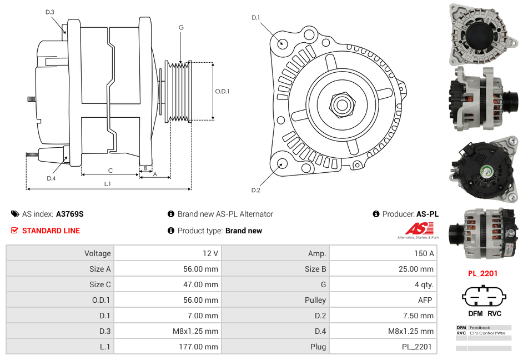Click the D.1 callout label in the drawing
(x=255, y=18)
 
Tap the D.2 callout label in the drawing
(x=255, y=191)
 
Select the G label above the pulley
(x=181, y=27)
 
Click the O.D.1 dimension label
(x=222, y=91)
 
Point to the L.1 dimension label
(x=108, y=184)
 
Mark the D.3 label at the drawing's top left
(x=50, y=12)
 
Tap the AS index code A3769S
(x=69, y=214)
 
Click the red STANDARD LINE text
(x=51, y=231)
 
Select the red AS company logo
(x=416, y=228)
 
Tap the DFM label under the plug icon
(x=475, y=313)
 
